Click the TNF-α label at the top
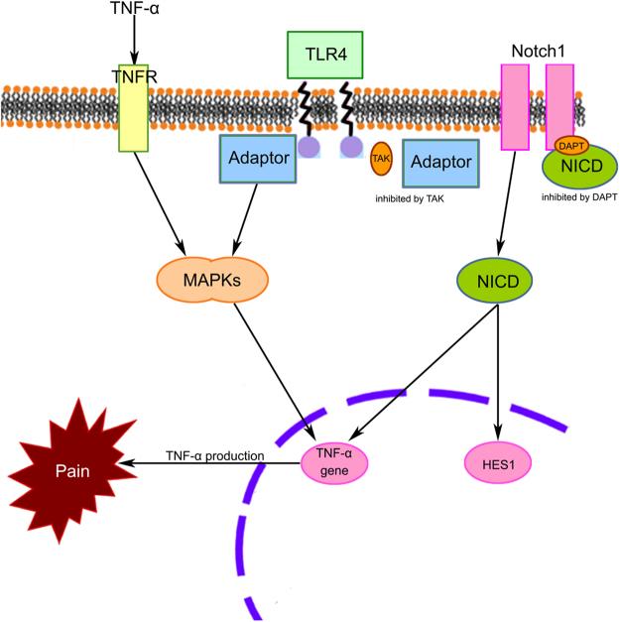tap(132, 12)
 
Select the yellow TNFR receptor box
tap(132, 110)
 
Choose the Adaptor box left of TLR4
tap(257, 158)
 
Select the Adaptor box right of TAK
tap(440, 162)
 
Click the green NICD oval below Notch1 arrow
tap(495, 280)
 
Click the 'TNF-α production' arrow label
tap(215, 455)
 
